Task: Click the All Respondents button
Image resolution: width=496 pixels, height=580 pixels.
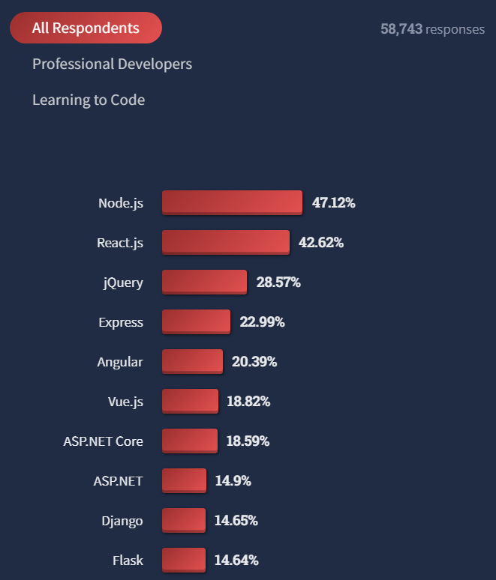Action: (86, 28)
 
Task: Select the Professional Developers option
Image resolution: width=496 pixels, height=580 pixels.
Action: (112, 64)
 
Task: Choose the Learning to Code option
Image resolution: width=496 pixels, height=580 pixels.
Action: (89, 100)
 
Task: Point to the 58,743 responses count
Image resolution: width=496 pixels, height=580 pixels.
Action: (432, 29)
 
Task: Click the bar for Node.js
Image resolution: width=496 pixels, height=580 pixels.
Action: (232, 202)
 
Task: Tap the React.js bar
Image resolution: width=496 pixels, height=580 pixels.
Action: (225, 242)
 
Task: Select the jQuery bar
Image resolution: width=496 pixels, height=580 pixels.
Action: (204, 282)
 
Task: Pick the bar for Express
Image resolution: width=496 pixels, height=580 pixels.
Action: (196, 321)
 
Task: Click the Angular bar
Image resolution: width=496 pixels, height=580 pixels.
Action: (192, 361)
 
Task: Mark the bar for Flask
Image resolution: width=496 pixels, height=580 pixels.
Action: (183, 560)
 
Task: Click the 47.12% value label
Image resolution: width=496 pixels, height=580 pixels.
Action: (333, 203)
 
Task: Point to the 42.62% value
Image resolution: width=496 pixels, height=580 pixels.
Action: (321, 243)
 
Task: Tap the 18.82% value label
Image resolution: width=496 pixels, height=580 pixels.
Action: (248, 402)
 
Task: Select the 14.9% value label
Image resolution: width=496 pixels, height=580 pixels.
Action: (233, 481)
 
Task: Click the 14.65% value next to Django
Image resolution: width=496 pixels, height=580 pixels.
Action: (236, 521)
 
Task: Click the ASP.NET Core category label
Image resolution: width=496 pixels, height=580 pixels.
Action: (103, 441)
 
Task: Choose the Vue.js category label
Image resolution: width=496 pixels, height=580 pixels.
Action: (125, 402)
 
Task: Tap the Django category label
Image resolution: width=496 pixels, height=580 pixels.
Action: (122, 521)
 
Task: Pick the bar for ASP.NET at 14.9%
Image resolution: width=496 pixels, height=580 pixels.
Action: (184, 480)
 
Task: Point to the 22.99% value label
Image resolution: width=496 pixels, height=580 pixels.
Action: (262, 322)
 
